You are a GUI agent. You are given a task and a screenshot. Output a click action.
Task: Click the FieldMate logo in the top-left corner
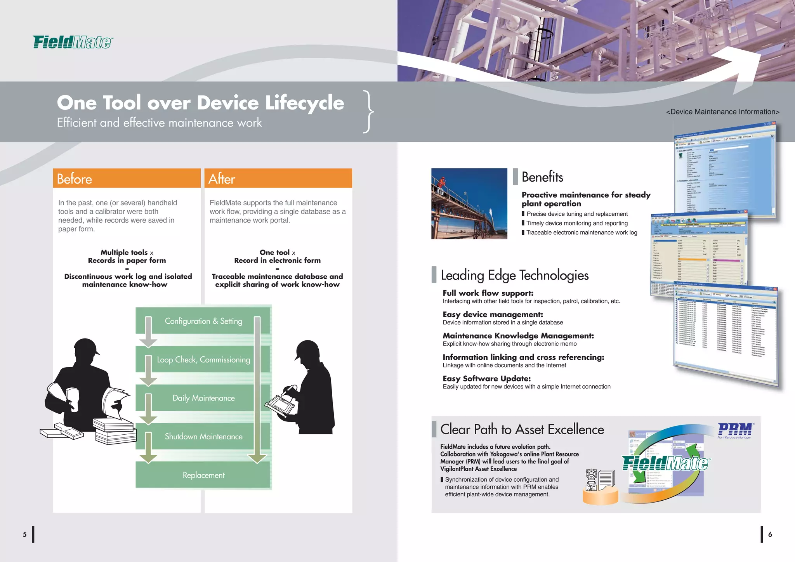(73, 42)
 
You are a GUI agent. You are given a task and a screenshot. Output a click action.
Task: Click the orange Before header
(127, 179)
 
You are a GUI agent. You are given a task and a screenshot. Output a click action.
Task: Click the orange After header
(278, 179)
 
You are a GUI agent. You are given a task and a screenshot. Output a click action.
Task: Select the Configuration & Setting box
(203, 321)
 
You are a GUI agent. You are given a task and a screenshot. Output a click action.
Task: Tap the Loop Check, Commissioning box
(203, 360)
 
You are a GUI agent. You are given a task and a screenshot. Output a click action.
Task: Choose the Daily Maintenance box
(203, 398)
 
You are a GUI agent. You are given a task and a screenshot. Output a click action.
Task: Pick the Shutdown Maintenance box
(203, 437)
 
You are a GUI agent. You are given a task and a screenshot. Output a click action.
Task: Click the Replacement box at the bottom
(203, 475)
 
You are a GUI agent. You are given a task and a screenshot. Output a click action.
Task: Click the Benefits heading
(542, 177)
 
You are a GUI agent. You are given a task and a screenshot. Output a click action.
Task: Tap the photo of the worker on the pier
(469, 203)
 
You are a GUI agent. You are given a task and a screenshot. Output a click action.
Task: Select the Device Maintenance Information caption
(722, 112)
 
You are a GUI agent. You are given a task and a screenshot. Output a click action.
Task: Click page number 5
(24, 534)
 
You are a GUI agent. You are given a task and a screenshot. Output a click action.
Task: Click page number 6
(770, 534)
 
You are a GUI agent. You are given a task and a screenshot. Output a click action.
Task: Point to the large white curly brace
(368, 112)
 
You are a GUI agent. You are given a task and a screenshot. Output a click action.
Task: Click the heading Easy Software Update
(486, 378)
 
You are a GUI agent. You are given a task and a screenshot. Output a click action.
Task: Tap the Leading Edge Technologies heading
(515, 275)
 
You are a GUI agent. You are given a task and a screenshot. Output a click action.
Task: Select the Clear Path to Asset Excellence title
(522, 430)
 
